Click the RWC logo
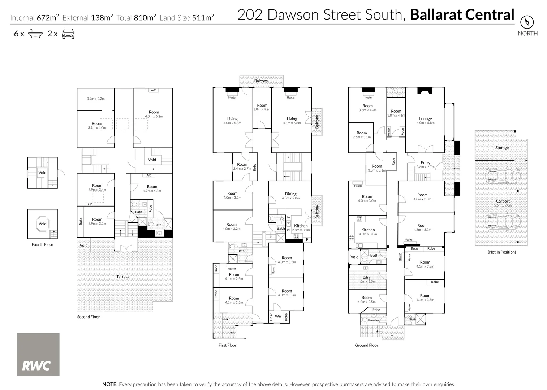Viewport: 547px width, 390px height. pos(38,354)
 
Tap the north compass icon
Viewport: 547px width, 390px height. pos(527,22)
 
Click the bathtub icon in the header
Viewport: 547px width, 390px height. pos(35,34)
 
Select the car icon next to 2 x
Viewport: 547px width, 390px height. pos(68,34)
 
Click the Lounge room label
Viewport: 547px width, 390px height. pos(425,118)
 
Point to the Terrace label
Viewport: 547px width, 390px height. pos(123,276)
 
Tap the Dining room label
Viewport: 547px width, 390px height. pos(290,194)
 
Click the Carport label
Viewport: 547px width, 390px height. pos(503,201)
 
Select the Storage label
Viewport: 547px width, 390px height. pos(502,148)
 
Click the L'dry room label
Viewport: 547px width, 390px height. pos(366,277)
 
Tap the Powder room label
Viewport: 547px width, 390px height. pos(374,320)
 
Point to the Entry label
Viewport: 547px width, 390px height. pos(425,163)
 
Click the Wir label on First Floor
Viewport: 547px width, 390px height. pos(278,316)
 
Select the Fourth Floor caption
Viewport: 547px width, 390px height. pos(42,244)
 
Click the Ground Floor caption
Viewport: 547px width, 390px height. pos(366,345)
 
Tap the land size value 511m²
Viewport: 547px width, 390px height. pos(203,17)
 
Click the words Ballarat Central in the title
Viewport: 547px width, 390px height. pos(462,14)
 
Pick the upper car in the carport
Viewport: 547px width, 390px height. pos(502,176)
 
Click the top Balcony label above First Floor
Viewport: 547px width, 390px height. pos(261,81)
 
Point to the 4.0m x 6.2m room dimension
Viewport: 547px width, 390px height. pos(154,116)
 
